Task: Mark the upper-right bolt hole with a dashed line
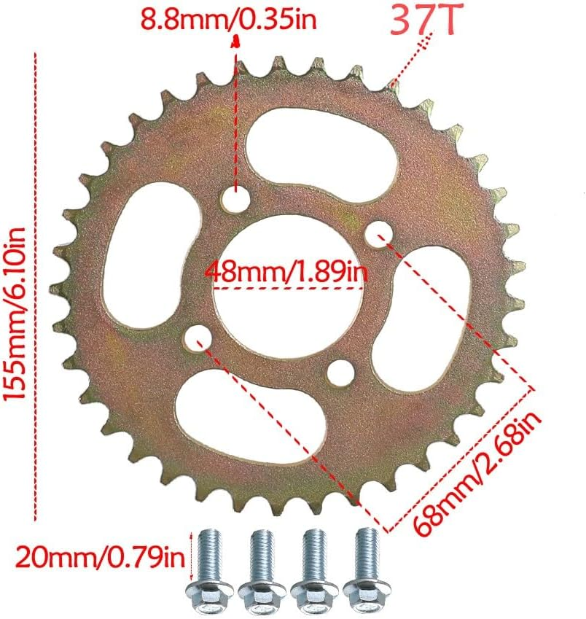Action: (x=377, y=233)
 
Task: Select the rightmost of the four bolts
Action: (x=364, y=565)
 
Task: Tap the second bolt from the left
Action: (x=260, y=565)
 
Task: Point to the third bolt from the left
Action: (x=313, y=565)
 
